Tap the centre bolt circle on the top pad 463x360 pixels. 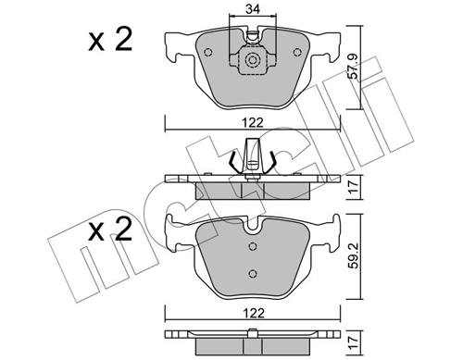[x=251, y=63]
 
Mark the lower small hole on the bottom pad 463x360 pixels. [x=252, y=271]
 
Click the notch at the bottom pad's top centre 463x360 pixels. [x=252, y=225]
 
